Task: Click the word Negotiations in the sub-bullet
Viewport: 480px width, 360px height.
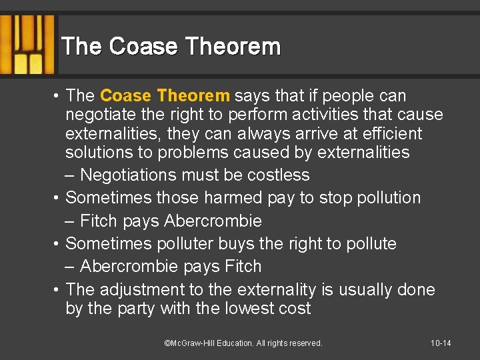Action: point(126,175)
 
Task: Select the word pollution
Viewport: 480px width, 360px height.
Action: point(387,198)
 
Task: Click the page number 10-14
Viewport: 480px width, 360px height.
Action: point(441,343)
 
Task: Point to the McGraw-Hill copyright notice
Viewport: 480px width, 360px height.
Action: point(243,343)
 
